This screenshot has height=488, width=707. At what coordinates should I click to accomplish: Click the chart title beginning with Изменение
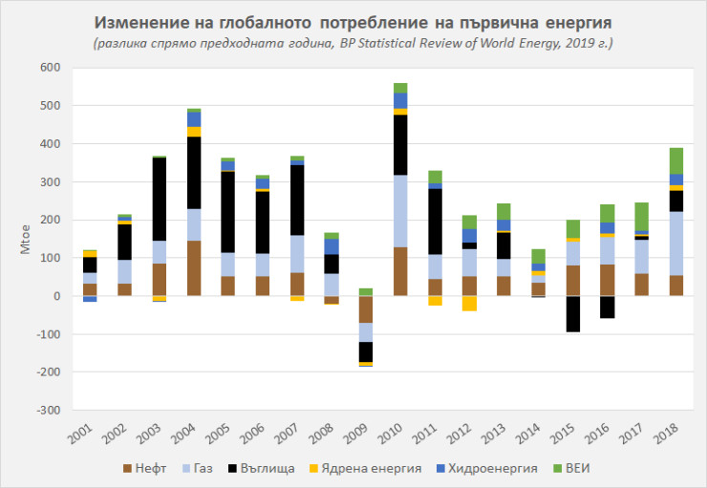pos(353,21)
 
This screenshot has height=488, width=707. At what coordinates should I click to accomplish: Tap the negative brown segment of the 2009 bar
pos(365,308)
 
